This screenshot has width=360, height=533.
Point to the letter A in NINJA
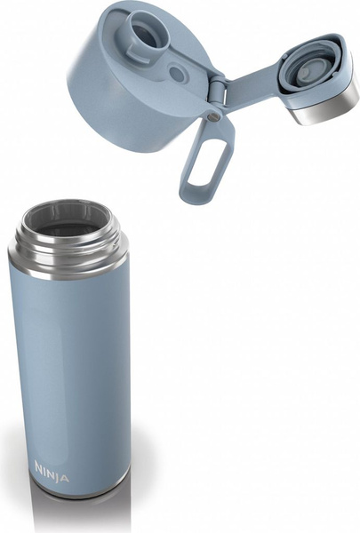coord(66,477)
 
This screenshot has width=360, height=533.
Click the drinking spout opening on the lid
coord(144,31)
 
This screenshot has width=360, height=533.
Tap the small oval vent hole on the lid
coord(177,74)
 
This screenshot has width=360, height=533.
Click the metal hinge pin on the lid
coord(213,117)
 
